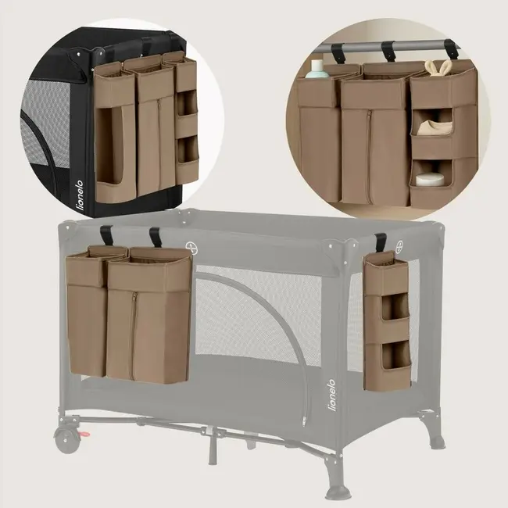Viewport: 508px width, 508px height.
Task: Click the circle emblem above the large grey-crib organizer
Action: (x=190, y=247)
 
